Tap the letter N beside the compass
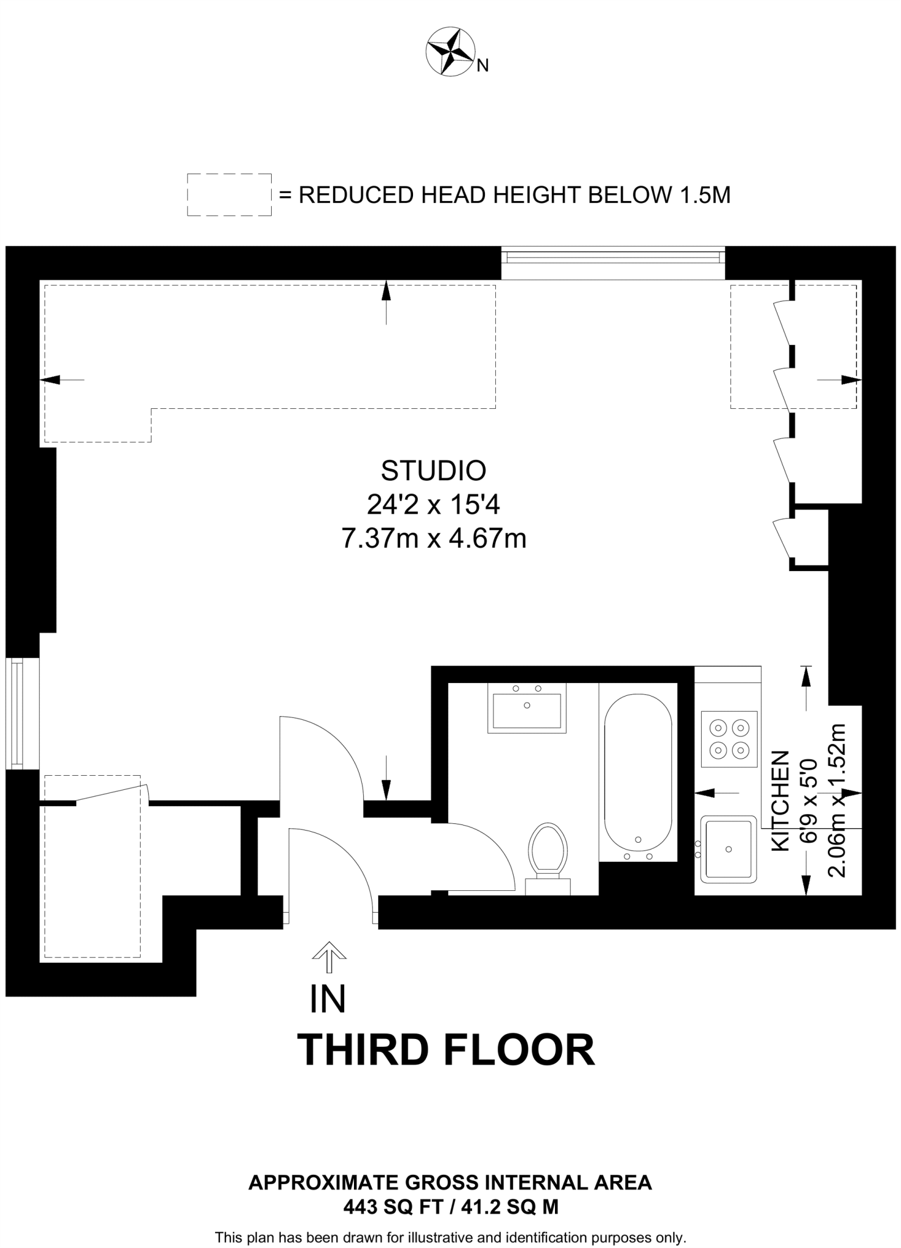(482, 66)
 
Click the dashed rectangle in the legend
(229, 194)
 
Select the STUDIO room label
(433, 470)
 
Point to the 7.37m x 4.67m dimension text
(433, 539)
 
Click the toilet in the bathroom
(548, 853)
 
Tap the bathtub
(638, 773)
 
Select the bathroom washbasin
(527, 707)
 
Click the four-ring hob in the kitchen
(729, 739)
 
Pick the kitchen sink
(729, 849)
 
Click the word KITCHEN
(780, 801)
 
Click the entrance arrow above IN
(329, 957)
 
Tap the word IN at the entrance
(328, 999)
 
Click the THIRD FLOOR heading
(445, 1051)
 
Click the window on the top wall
(613, 256)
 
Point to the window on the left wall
(16, 714)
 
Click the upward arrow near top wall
(386, 301)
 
